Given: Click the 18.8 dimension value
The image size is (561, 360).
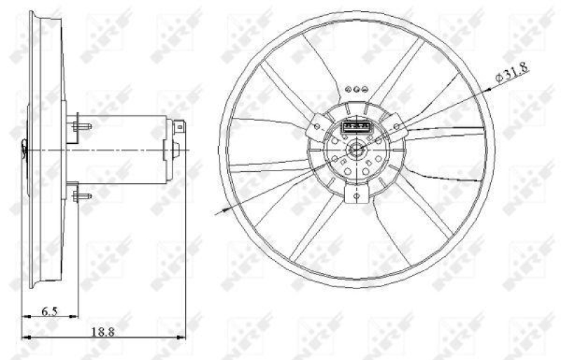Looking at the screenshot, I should (103, 332).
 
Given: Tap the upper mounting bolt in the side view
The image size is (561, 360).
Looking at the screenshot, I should (81, 126).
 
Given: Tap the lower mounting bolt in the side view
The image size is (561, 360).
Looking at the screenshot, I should (81, 196).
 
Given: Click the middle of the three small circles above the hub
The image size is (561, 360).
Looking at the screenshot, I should (357, 90).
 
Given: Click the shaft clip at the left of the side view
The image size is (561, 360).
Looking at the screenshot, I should (25, 148).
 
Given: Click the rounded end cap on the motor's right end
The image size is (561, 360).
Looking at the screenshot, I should (175, 149).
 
